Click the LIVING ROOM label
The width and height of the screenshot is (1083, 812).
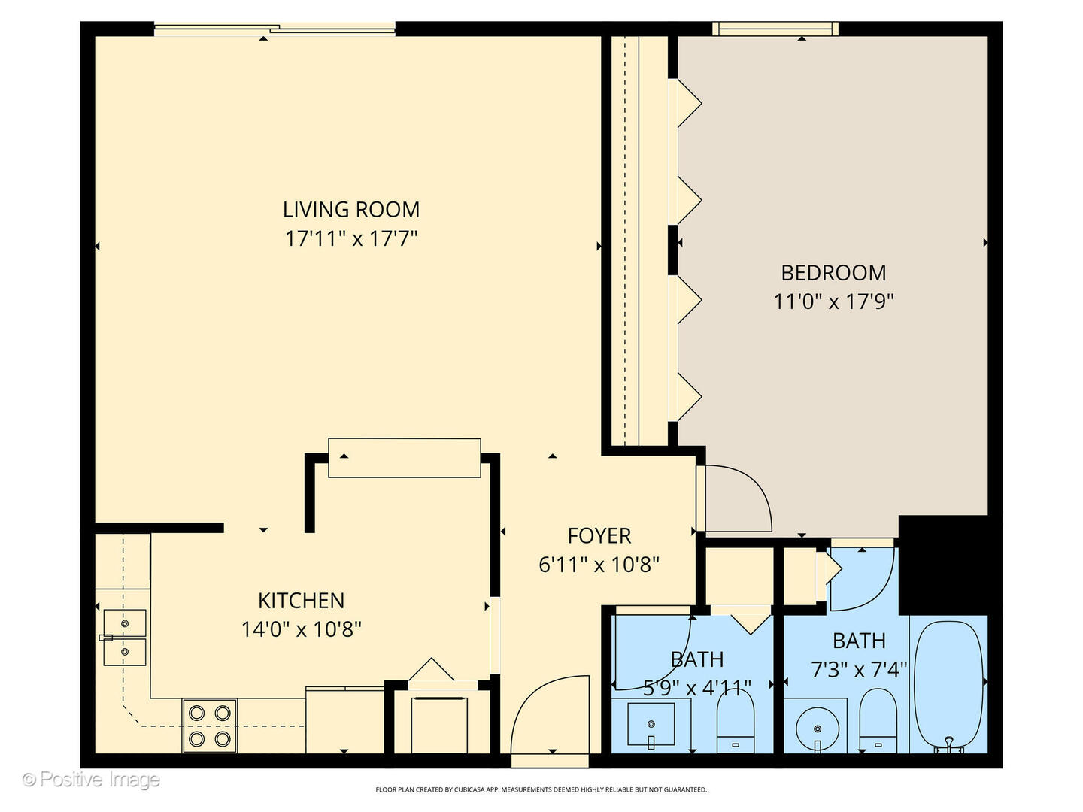350,210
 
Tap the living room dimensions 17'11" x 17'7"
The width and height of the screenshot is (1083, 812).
351,239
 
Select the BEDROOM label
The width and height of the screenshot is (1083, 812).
833,273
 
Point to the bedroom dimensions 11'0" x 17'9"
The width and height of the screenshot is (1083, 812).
833,301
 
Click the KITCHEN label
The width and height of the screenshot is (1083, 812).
301,601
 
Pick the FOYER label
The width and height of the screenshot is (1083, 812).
599,536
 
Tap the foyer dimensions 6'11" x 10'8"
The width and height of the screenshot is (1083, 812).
599,565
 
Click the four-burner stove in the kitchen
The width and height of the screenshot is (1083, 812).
210,726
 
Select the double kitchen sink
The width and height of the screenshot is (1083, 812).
124,638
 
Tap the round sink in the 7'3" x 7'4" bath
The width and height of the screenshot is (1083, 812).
818,729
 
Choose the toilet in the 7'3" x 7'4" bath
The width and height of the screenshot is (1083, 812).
878,720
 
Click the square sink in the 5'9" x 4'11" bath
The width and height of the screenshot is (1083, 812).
651,724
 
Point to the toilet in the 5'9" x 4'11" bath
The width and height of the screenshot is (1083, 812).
735,720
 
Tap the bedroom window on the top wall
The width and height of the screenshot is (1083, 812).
775,29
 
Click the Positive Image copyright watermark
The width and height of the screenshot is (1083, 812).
91,780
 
